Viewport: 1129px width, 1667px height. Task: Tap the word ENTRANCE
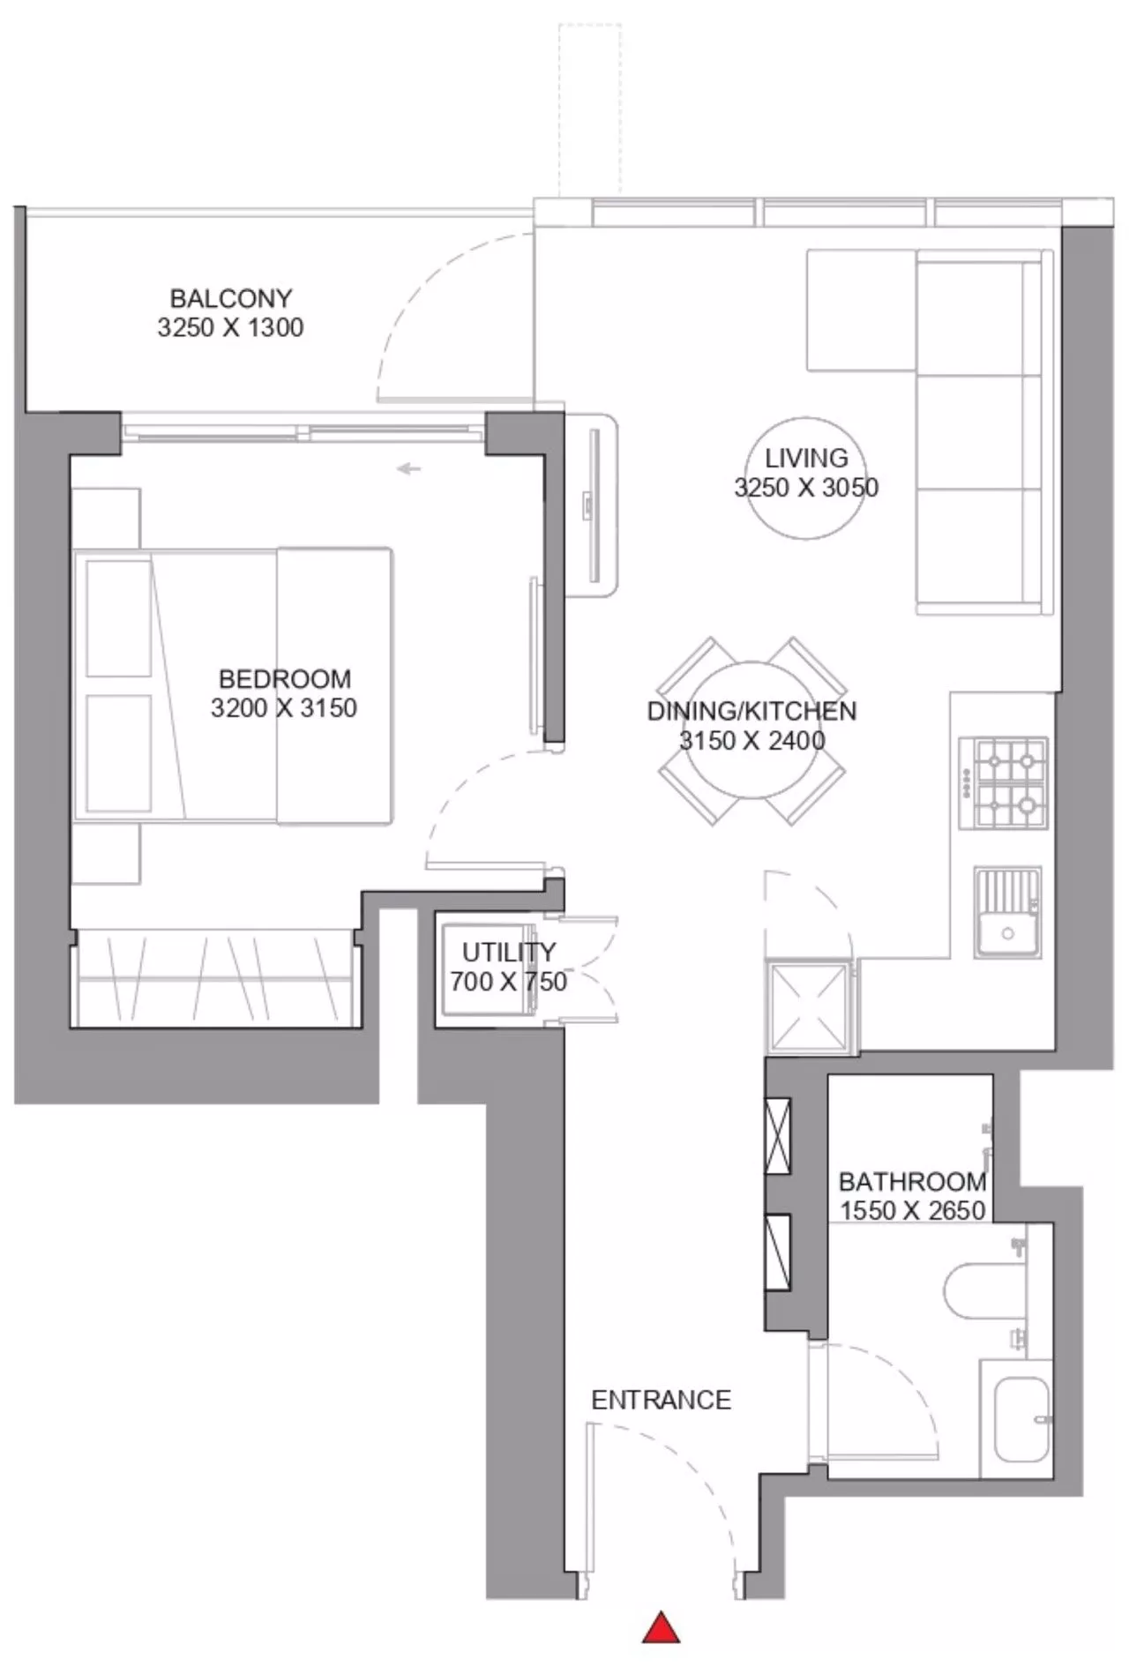point(661,1401)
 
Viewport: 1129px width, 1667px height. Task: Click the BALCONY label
point(230,298)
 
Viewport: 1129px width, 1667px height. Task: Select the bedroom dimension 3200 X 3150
point(284,708)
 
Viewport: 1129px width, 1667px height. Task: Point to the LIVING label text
point(806,459)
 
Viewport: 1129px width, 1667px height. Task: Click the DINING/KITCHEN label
point(751,711)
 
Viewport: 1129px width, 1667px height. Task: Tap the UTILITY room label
point(509,953)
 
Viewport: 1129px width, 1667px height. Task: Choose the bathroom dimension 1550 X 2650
point(912,1211)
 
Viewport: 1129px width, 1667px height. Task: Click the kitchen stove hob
point(1004,783)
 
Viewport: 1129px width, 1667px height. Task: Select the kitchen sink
point(1007,913)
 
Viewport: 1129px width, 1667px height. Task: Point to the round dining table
point(751,730)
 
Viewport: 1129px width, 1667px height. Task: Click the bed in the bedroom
point(233,685)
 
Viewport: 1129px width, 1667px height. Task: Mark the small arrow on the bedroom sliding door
point(408,469)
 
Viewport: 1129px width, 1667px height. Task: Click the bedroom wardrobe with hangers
point(216,978)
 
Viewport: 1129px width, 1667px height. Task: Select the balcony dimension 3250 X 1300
point(230,328)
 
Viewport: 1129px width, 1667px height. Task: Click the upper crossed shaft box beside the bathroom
point(777,1135)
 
